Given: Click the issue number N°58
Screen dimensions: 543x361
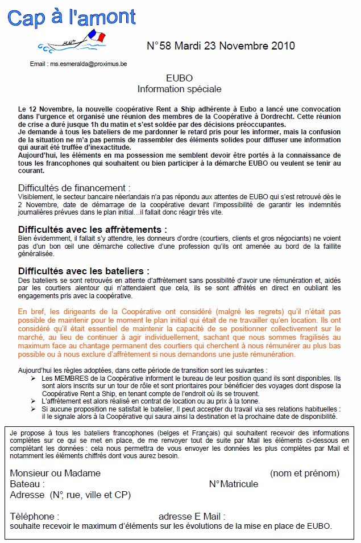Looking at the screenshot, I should tap(159, 46).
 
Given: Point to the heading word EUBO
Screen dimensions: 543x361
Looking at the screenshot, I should tap(179, 78).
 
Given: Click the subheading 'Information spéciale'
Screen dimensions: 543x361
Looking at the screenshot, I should tap(179, 89).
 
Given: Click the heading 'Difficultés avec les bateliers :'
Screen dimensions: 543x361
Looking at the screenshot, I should tap(84, 270).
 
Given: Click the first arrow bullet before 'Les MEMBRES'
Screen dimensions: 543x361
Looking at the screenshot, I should tap(34, 378).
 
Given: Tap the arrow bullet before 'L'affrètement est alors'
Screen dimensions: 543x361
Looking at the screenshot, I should tap(34, 401).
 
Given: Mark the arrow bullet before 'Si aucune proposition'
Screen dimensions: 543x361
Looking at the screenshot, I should tap(34, 408).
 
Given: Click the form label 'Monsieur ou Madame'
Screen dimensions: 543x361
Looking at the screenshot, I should tap(55, 473).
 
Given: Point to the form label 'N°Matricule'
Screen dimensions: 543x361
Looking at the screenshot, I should tap(233, 484).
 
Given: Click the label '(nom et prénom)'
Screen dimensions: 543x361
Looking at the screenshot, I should tap(305, 473).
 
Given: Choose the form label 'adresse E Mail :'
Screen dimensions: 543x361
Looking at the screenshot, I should tap(192, 516).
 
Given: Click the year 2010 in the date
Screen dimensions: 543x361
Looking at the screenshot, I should tap(282, 46).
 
